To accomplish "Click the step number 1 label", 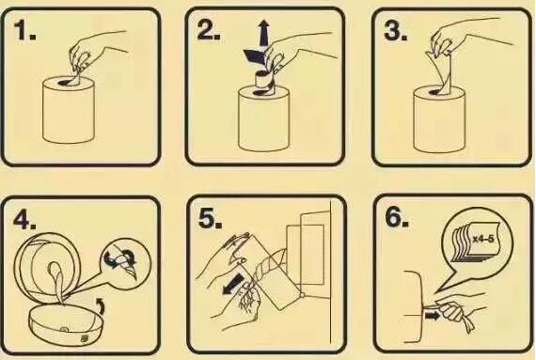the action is coord(24,30).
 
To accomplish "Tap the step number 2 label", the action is coord(209,30).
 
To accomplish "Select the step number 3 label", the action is coord(396,31).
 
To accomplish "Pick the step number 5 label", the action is coord(210,217).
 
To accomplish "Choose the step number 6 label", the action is coord(397,216).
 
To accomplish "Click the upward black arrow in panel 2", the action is coord(263,34).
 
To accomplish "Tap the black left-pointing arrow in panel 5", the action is coord(233,284).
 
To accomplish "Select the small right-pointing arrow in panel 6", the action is coord(432,316).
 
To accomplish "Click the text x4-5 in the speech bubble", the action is coord(483,239).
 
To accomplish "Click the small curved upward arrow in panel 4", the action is coord(101,305).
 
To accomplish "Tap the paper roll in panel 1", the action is coord(69,110).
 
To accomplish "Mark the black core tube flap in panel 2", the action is coord(254,56).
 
